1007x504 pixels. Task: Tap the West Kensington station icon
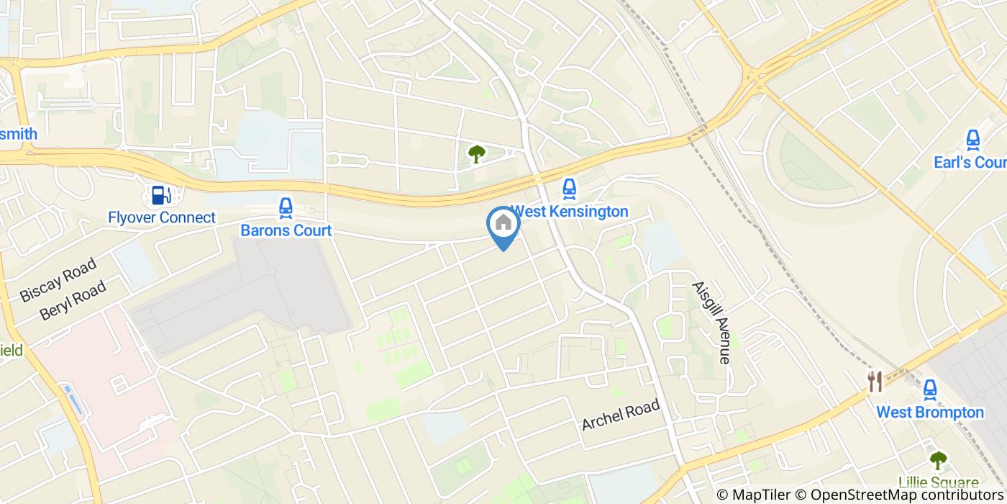569,189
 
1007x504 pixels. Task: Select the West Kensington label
569,212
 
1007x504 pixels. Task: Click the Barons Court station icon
286,209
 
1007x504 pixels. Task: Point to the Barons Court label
286,231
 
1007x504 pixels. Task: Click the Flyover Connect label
161,217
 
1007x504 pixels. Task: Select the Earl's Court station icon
972,140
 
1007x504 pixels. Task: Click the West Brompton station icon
930,390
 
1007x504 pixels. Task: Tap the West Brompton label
930,413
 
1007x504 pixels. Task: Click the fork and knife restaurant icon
875,382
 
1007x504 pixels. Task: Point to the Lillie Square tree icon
938,459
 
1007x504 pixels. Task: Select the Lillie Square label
938,482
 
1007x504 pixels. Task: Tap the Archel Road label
621,416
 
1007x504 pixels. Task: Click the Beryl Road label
73,300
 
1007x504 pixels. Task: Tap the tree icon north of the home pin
476,153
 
